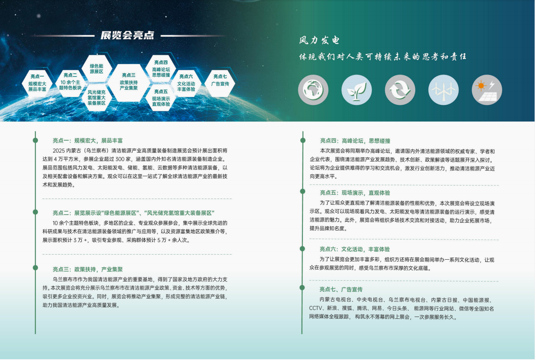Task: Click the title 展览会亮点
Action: (127, 35)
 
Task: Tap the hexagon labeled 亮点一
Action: (37, 83)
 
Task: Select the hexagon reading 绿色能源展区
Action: (96, 69)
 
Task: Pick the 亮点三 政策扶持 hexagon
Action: (129, 83)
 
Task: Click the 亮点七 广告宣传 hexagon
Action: (220, 83)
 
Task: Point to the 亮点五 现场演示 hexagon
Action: (161, 98)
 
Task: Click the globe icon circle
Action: (313, 90)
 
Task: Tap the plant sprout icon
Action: (356, 90)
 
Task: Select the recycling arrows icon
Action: (400, 90)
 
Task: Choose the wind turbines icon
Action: (444, 90)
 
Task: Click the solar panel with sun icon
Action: (487, 90)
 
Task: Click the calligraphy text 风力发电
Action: (319, 40)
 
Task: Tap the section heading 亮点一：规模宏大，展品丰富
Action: (88, 140)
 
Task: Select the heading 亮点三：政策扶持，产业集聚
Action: (88, 269)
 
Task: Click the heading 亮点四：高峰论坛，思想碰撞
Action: (355, 141)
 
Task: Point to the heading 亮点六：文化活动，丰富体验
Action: (355, 249)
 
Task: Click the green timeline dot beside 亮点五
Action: (302, 191)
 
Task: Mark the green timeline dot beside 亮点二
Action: (35, 212)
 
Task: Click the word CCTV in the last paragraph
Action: (316, 309)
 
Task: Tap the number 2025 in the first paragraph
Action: (59, 151)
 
